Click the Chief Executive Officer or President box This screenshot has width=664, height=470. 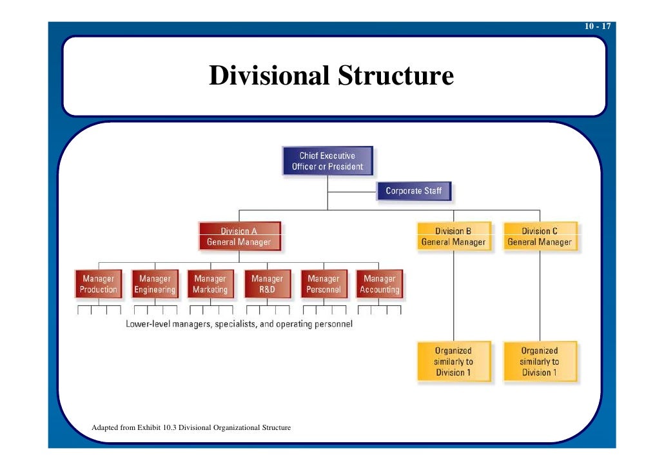[327, 161]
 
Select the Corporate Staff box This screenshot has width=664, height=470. [413, 191]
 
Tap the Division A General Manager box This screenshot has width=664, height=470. [239, 237]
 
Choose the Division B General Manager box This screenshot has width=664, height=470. [453, 237]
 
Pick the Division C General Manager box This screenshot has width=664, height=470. [540, 237]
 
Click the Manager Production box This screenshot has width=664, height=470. [99, 284]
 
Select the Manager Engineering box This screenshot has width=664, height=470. [155, 284]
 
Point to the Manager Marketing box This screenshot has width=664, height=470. [210, 284]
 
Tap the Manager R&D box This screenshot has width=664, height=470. [267, 284]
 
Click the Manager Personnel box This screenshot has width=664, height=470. [323, 284]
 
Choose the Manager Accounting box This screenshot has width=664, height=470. [379, 284]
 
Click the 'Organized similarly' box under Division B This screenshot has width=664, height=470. [453, 362]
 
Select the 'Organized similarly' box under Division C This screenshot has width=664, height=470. [540, 362]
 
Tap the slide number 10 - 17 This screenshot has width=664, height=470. [598, 26]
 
